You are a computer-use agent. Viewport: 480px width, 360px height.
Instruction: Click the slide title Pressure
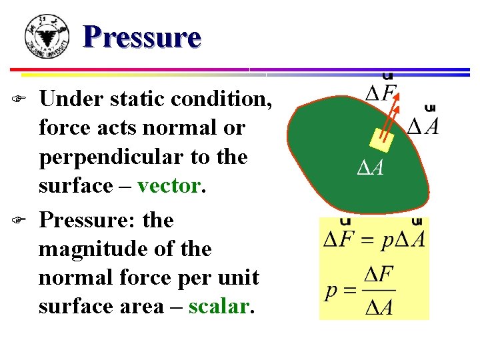(142, 37)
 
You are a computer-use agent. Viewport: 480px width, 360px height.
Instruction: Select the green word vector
(168, 186)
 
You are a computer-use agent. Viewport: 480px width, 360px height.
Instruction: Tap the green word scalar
(219, 307)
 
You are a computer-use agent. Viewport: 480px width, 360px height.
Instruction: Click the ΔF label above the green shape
(381, 93)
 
